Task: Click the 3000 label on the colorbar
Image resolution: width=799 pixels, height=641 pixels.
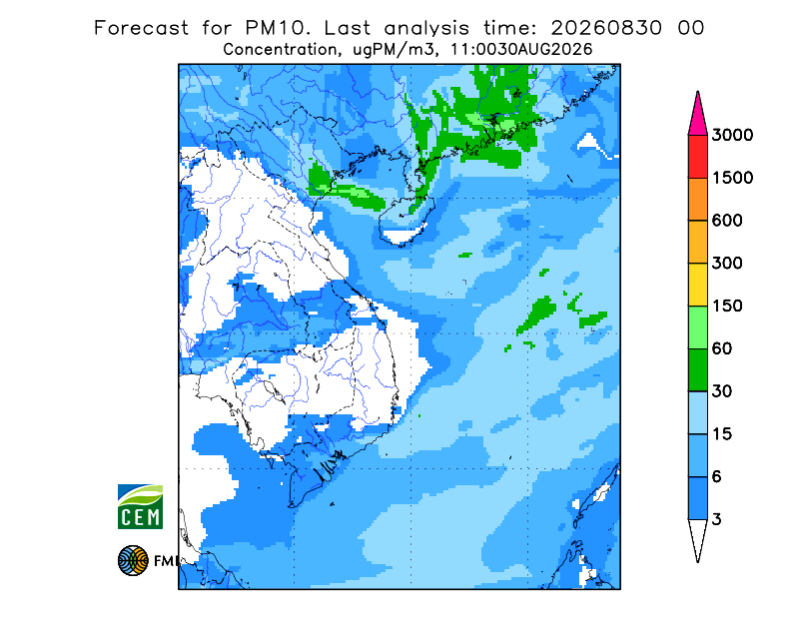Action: tap(732, 135)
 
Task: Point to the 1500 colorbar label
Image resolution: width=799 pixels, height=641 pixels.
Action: tap(732, 178)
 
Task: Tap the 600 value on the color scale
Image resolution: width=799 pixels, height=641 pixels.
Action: tap(727, 221)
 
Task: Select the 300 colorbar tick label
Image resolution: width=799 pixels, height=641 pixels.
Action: tap(727, 264)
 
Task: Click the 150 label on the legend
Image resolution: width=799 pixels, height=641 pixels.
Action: tap(727, 307)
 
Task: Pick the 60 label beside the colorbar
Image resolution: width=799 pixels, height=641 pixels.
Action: tap(722, 349)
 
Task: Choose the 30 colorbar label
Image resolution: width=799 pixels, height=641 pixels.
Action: tap(722, 391)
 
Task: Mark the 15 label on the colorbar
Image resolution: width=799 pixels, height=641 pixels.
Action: tap(722, 434)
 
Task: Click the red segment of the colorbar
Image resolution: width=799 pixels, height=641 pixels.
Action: tap(697, 157)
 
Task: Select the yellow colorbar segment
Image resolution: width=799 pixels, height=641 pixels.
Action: tap(697, 285)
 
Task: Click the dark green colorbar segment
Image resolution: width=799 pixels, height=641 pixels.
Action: tap(697, 370)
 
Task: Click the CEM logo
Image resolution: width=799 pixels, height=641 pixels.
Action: tap(140, 506)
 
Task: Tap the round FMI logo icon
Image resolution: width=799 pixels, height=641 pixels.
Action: tap(133, 560)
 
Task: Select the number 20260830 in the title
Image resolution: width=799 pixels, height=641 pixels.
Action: tap(606, 28)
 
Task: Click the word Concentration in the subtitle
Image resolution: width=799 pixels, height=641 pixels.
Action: tap(280, 50)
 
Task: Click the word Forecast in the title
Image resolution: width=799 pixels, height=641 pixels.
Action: tap(141, 28)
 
